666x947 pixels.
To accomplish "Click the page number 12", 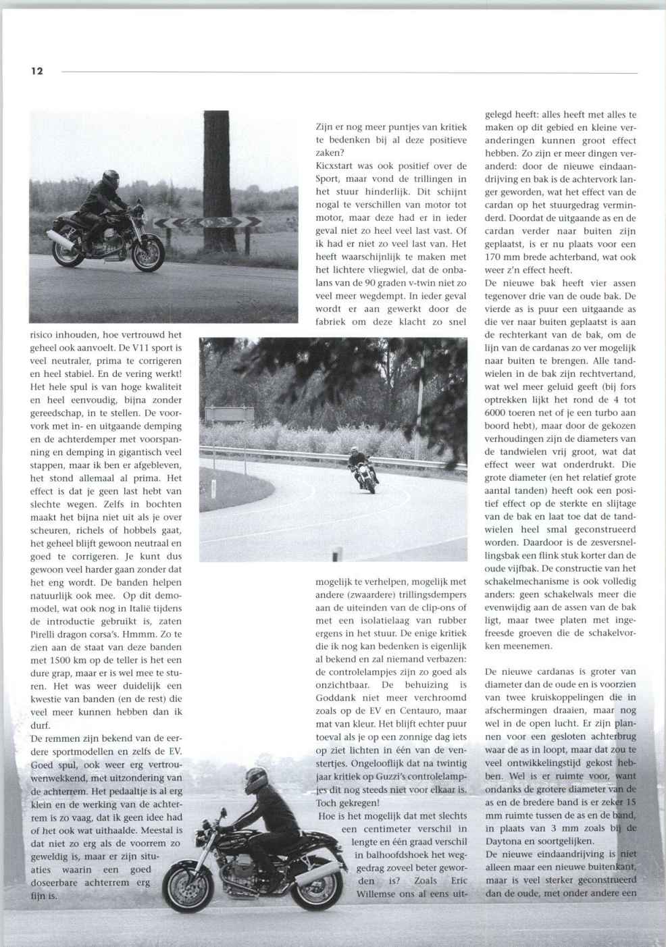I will pos(36,71).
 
